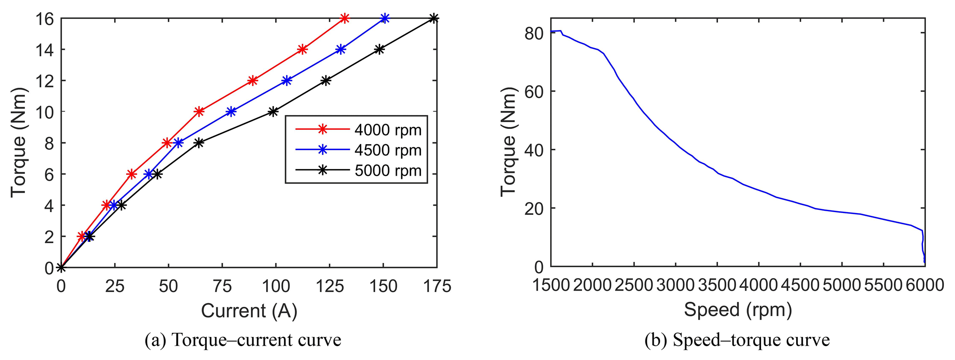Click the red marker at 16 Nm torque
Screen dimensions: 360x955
pos(344,18)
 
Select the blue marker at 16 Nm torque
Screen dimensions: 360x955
pos(385,18)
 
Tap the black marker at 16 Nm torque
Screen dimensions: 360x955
pos(433,18)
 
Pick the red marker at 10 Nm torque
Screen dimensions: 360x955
pos(199,112)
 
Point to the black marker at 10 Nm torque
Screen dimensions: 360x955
pos(273,112)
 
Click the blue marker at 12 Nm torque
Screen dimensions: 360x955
pos(286,80)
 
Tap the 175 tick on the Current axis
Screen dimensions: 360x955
pos(437,287)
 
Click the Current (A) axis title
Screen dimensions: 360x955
pos(249,311)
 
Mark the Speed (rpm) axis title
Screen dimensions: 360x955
pos(738,309)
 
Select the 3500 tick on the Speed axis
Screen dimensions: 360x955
pos(716,285)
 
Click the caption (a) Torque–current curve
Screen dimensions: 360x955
pos(243,341)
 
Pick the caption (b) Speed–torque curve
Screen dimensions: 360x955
pos(737,341)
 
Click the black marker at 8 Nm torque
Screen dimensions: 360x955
pos(199,143)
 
